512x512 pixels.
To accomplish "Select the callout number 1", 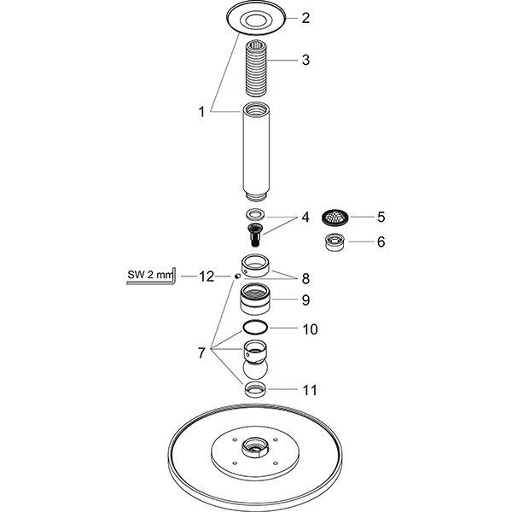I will point(201,111).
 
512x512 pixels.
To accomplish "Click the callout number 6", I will point(381,242).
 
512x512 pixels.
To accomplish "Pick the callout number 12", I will point(206,276).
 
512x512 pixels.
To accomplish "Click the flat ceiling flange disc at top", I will point(255,16).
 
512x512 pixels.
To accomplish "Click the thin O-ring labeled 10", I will point(255,329).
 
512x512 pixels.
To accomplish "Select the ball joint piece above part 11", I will point(255,362).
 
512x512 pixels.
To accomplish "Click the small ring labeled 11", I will point(255,390).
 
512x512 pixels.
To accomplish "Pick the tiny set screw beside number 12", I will point(236,276).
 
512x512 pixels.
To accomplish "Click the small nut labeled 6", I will point(334,242).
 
